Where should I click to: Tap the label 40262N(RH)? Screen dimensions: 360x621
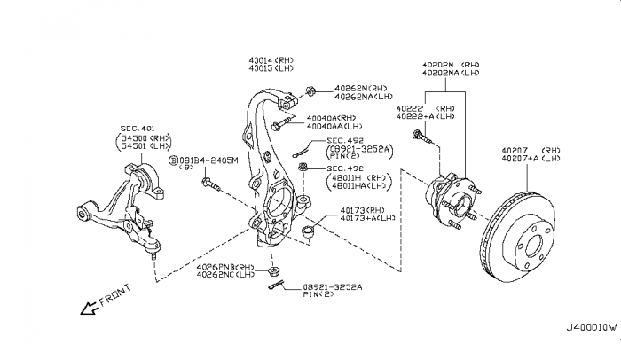tap(361, 89)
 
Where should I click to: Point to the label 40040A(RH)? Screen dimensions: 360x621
tap(332, 118)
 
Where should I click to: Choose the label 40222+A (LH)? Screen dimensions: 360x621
tap(425, 116)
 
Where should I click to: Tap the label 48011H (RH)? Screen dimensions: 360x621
tap(357, 176)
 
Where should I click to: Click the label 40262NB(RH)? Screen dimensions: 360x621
tap(225, 266)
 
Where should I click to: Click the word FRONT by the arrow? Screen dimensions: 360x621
tap(113, 296)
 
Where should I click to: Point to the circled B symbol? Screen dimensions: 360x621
tap(174, 160)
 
